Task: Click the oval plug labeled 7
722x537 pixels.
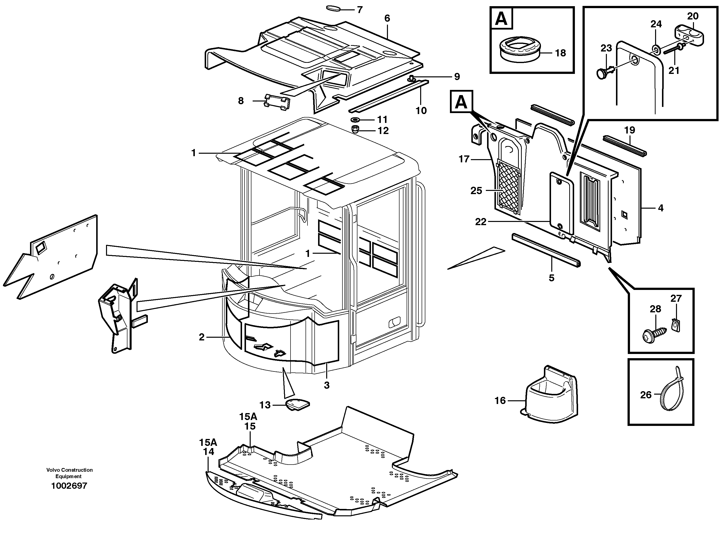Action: (333, 8)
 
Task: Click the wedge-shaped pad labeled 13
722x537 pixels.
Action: (297, 405)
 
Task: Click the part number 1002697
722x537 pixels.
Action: (69, 486)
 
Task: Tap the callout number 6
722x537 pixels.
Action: (387, 18)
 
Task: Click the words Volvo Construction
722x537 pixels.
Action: (69, 470)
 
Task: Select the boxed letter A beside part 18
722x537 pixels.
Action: (502, 19)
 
